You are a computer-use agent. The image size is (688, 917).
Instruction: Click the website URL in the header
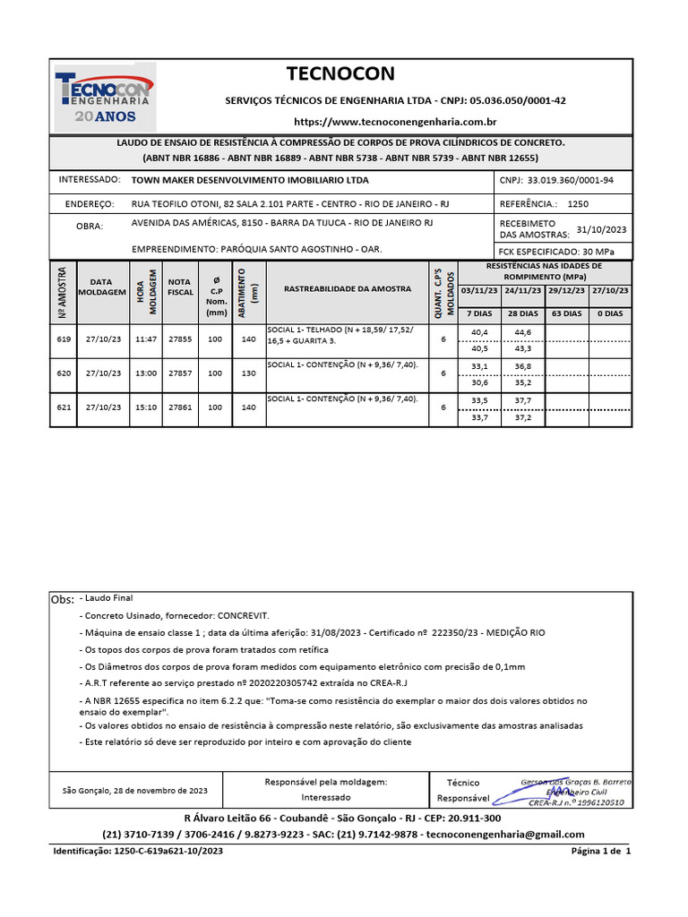coord(395,121)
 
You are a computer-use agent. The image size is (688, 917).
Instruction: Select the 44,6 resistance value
coord(522,331)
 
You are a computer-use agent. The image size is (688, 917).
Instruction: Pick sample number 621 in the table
coord(64,407)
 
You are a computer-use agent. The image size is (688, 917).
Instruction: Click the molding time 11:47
coord(146,339)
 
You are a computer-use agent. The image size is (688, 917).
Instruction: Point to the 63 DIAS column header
coord(567,313)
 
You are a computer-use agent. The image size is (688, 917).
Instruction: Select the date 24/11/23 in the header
coord(522,291)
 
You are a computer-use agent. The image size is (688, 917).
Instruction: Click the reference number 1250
coord(578,204)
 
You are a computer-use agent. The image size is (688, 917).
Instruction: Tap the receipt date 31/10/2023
coord(601,229)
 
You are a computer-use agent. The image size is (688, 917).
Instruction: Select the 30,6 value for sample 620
coord(479,382)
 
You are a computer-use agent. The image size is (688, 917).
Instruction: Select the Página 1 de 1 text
coord(601,851)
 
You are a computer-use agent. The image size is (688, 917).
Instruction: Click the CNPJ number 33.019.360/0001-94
coord(563,180)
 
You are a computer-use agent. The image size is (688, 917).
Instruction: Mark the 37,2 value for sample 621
coord(522,417)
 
